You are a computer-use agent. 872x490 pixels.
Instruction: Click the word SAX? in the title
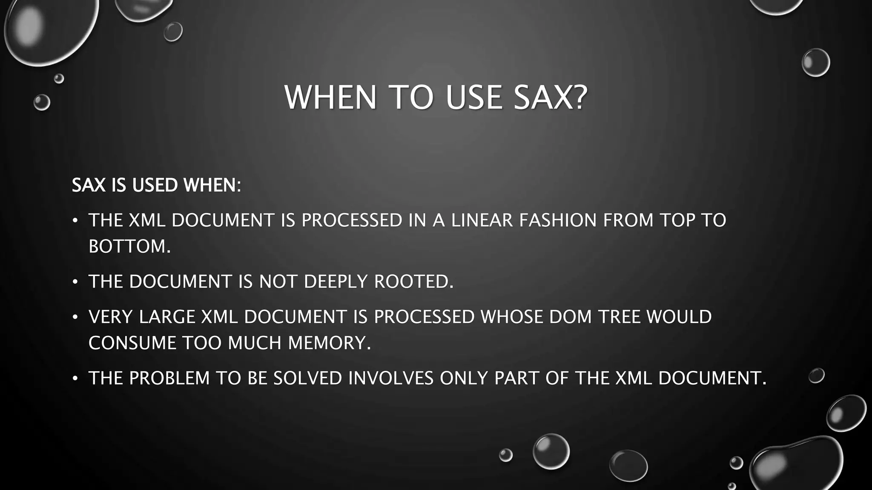(551, 98)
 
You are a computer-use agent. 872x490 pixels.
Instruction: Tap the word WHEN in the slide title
(330, 98)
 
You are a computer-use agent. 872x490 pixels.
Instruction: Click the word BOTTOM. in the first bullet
(129, 246)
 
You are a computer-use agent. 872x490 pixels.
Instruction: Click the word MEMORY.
(329, 343)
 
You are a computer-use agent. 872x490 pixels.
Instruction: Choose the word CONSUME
(132, 343)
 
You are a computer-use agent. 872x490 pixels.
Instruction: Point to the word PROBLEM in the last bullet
(169, 378)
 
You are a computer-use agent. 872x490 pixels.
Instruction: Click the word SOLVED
(308, 378)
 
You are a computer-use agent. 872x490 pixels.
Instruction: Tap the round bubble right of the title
(815, 63)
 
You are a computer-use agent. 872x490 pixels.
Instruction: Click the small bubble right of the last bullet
(816, 376)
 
